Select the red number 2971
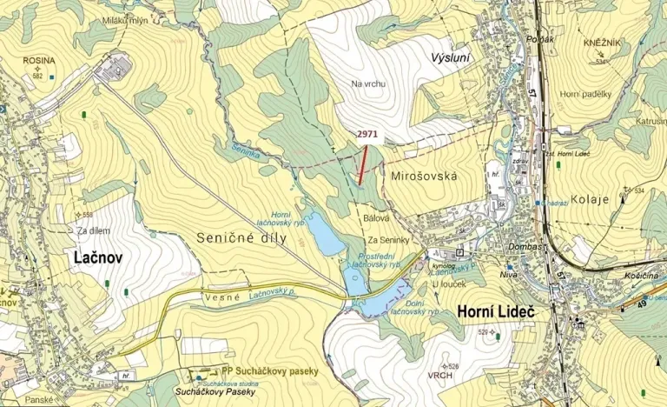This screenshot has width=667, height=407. tap(367, 135)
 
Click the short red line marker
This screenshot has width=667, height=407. tap(362, 163)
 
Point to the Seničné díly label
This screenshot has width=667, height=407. tap(235, 237)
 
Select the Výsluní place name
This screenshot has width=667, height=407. tap(449, 57)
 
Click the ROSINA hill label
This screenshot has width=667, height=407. tap(37, 61)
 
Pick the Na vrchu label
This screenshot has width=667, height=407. tap(368, 83)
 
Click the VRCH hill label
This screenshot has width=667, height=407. tap(441, 376)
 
